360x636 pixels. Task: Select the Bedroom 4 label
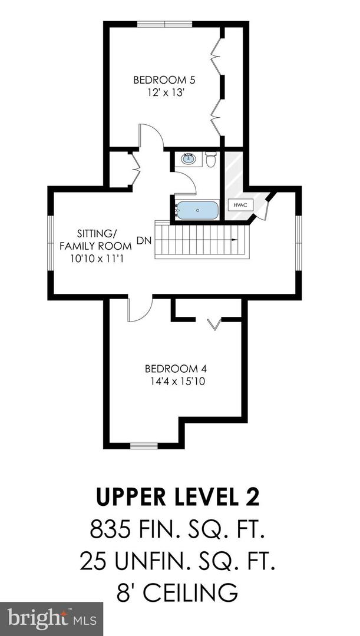(176, 369)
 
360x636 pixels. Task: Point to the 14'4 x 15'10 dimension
(176, 381)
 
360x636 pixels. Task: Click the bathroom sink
(190, 159)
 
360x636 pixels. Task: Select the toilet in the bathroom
(212, 159)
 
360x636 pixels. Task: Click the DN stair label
(143, 240)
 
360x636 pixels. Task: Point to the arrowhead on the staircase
(235, 240)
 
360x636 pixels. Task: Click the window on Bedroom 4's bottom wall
(144, 445)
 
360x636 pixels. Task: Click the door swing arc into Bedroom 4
(139, 311)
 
